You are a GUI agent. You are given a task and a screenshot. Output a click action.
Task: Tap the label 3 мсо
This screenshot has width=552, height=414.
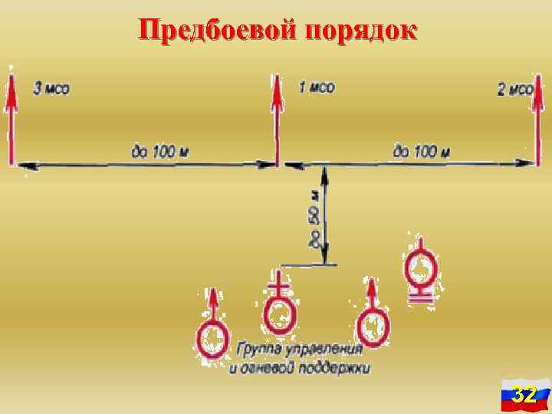[x=51, y=88]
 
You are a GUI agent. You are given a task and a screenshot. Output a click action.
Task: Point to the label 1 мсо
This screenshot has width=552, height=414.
[x=316, y=88]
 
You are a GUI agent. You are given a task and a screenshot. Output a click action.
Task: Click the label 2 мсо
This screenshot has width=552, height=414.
[x=515, y=90]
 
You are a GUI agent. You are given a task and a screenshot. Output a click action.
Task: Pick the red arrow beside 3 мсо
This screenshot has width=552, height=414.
[x=11, y=115]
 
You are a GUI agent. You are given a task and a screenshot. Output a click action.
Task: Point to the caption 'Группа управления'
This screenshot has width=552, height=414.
[x=298, y=350]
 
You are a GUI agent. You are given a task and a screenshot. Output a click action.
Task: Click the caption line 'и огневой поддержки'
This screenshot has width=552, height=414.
[x=300, y=368]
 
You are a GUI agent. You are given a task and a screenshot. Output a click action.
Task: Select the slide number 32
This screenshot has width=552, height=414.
[x=524, y=395]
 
